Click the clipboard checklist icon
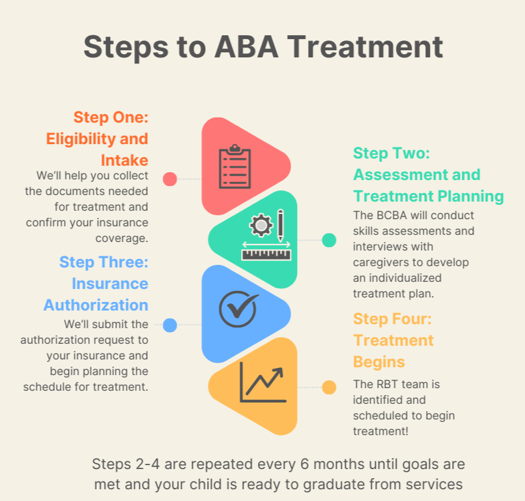(x=234, y=166)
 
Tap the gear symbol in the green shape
(x=261, y=226)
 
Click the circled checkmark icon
(x=238, y=307)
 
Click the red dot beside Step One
(x=170, y=179)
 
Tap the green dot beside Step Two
(x=329, y=240)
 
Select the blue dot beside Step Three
(x=170, y=325)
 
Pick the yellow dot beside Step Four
(x=329, y=387)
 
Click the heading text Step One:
(x=111, y=117)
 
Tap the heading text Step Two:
(x=391, y=153)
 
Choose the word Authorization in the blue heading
(x=96, y=305)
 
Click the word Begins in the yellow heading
(x=379, y=361)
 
